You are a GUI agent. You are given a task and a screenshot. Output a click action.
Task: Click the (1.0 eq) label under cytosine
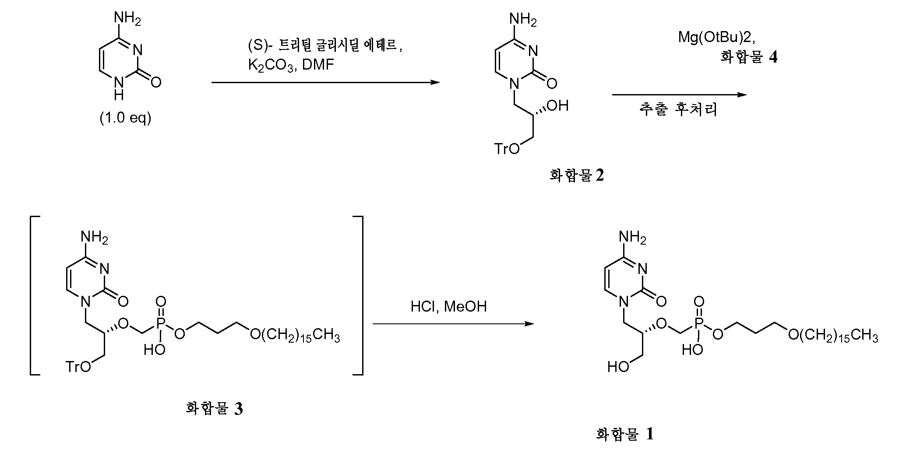[125, 119]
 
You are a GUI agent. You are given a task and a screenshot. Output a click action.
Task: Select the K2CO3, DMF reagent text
[291, 66]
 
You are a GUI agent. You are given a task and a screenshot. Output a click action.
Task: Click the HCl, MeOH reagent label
[448, 306]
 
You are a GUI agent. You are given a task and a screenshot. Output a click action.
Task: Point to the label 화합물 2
[577, 176]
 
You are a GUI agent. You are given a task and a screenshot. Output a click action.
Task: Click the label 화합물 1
[624, 435]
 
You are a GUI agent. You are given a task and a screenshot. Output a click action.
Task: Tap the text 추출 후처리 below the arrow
[678, 109]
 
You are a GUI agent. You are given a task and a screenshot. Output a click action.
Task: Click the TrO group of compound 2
[507, 149]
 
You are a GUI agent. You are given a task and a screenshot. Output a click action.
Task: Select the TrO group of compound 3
[78, 366]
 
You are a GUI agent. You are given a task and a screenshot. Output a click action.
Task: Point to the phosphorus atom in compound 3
[161, 323]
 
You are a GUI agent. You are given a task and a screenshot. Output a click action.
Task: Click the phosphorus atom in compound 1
[699, 323]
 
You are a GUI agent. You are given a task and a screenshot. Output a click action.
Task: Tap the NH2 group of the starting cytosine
[127, 19]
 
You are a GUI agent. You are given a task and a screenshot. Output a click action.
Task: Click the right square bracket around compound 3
[358, 295]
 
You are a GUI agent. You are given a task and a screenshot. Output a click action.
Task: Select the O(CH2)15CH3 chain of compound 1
[833, 336]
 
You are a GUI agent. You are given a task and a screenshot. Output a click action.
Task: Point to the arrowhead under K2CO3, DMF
[434, 82]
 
